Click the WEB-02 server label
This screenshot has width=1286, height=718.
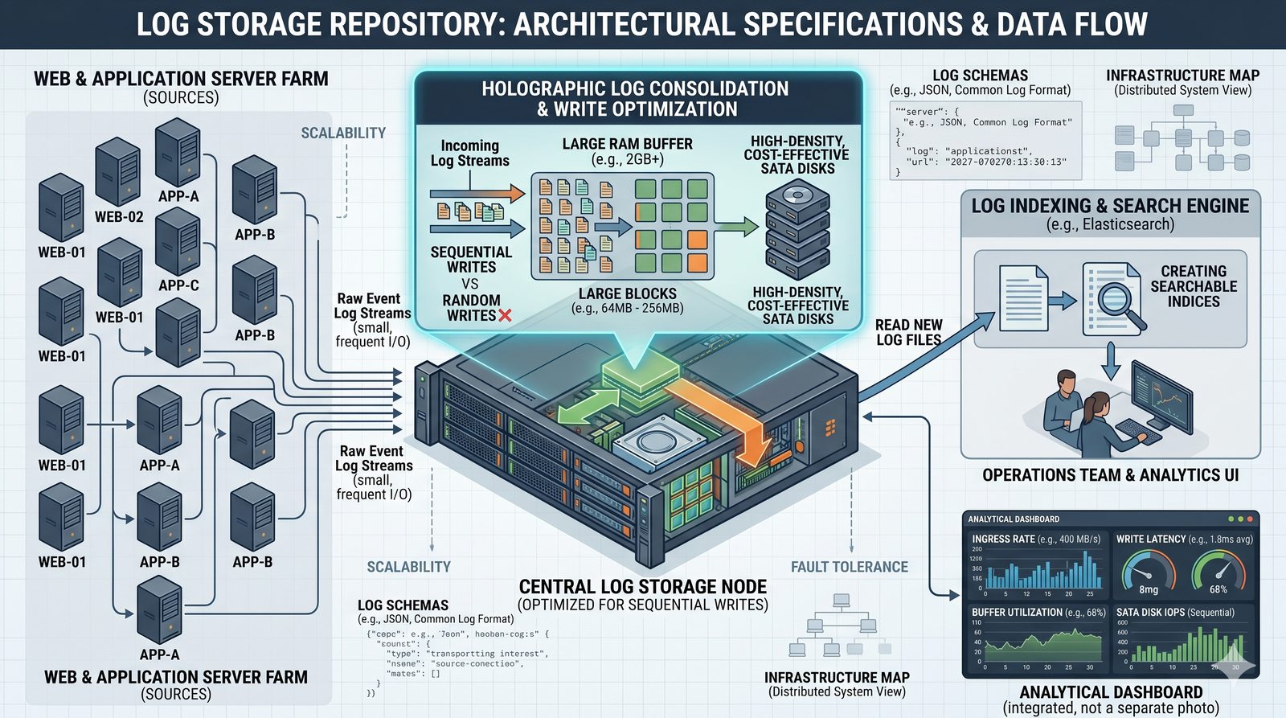[119, 217]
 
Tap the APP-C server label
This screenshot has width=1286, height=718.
[178, 285]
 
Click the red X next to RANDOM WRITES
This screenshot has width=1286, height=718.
[505, 316]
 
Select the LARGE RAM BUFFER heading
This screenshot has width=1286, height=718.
[627, 144]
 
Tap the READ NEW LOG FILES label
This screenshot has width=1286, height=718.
[908, 332]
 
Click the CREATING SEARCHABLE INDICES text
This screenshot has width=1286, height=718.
[1194, 286]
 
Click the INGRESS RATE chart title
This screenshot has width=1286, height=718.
[1005, 539]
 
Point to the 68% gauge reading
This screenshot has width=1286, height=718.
[1218, 589]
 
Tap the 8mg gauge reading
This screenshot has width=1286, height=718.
[1149, 589]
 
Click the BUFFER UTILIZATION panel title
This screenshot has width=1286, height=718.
[1017, 612]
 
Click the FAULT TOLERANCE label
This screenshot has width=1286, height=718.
[849, 567]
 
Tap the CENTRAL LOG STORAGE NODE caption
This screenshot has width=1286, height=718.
[643, 587]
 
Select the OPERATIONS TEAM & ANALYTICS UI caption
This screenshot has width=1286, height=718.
[1110, 475]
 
